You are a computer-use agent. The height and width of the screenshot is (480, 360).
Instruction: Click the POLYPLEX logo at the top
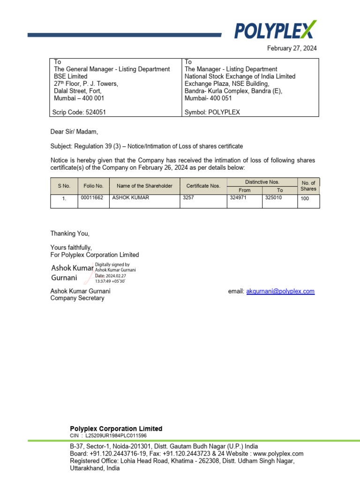click(275, 30)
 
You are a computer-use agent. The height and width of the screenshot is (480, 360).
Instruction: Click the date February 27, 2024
click(292, 48)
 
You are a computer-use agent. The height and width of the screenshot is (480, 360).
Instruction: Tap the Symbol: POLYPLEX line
click(212, 112)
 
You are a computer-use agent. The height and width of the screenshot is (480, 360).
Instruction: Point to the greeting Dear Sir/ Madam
click(75, 132)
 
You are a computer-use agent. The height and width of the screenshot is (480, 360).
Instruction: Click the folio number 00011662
click(92, 198)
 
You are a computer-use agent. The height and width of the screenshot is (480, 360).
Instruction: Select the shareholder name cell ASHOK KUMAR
click(131, 198)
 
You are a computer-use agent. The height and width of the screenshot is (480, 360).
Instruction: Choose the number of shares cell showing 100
click(305, 199)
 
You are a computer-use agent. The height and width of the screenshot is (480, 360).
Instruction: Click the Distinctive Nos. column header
click(262, 182)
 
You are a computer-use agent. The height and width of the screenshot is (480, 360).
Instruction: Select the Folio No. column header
click(93, 186)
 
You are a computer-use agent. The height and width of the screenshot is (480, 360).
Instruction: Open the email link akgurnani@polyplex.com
click(280, 292)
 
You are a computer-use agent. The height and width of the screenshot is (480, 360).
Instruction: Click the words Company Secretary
click(77, 298)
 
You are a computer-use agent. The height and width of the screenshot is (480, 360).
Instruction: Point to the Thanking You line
click(70, 233)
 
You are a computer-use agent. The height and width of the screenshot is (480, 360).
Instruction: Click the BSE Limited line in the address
click(71, 76)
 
